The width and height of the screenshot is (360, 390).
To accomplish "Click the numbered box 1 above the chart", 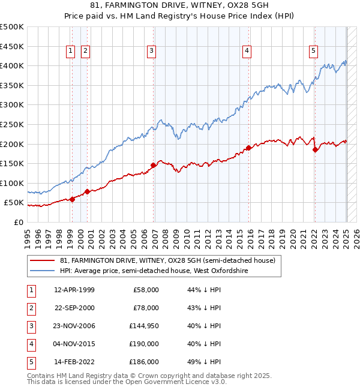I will tap(71, 52).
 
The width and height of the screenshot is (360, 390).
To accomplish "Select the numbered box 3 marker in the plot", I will tap(152, 52).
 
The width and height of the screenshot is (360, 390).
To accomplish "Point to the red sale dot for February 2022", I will tap(315, 150).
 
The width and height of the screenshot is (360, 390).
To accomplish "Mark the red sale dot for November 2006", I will tap(154, 165).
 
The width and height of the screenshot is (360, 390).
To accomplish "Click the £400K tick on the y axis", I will tap(12, 65).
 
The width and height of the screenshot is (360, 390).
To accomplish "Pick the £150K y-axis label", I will tap(12, 163).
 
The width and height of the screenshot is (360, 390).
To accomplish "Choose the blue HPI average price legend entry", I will tap(154, 271).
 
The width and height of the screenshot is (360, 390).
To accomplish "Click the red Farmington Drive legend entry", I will tap(167, 260).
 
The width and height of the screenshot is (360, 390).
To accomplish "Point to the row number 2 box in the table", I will tap(30, 308).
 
